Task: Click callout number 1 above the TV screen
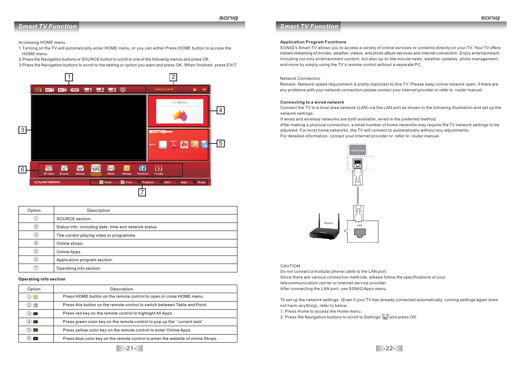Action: coord(69,77)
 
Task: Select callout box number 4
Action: coord(221,110)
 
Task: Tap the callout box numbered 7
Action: coord(142,193)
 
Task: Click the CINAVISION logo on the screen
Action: coord(47,182)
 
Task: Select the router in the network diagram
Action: coord(325,231)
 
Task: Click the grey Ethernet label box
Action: coord(358,150)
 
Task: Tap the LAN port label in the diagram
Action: coord(360,226)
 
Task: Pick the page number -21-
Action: coord(130,348)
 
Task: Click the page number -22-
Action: coord(389,348)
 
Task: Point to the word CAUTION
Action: coord(290,266)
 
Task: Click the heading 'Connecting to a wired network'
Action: coord(312,102)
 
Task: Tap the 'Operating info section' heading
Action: coord(42,279)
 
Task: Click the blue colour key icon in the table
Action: coord(36,339)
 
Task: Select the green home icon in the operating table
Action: coord(36,297)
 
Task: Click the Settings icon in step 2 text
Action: coord(385,317)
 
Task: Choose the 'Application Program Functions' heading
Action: coord(313,42)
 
